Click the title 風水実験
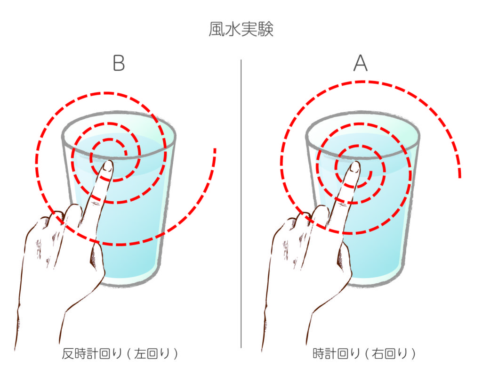click(241, 30)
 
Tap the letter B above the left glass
click(119, 63)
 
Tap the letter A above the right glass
click(360, 63)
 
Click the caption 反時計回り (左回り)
click(120, 353)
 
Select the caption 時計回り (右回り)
click(364, 353)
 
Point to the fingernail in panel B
click(107, 166)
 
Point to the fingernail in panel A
click(354, 167)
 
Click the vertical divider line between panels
click(241, 204)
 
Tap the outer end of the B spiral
click(215, 149)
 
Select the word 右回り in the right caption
click(390, 353)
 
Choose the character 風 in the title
click(217, 30)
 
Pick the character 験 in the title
click(265, 30)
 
